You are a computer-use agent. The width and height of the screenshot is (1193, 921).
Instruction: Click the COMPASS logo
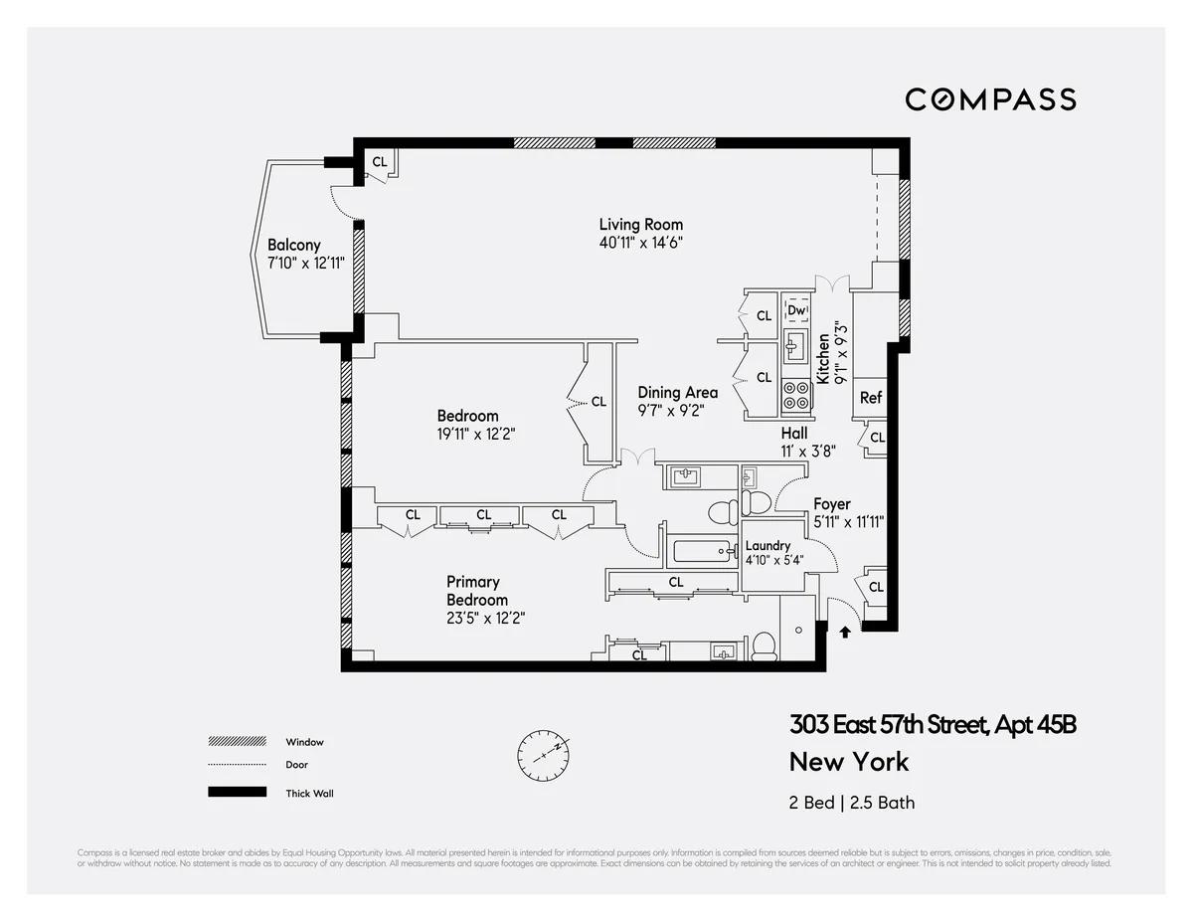point(990,99)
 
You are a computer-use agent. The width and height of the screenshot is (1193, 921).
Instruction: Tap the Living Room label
point(640,225)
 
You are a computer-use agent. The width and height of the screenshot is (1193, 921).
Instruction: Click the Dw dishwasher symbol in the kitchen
point(795,311)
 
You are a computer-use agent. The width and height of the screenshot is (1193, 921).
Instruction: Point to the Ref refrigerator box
point(870,398)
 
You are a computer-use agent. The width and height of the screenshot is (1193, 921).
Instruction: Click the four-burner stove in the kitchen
point(796,395)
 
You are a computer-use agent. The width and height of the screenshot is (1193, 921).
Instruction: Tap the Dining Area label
point(677,393)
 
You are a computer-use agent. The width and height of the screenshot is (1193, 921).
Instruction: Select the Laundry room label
point(767,545)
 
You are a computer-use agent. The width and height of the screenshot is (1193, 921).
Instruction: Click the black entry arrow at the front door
point(845,630)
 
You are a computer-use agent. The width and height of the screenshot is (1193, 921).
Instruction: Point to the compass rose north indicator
point(543,755)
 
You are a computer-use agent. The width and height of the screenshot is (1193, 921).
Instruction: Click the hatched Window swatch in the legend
point(237,742)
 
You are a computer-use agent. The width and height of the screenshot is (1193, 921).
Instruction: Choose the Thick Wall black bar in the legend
point(237,793)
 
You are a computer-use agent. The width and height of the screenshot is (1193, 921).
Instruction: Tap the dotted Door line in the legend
point(237,765)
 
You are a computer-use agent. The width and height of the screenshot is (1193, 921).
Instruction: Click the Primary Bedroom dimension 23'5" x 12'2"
point(485,618)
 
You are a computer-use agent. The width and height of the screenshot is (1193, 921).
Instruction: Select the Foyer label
point(832,504)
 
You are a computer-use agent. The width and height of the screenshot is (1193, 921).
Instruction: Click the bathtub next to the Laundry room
point(703,550)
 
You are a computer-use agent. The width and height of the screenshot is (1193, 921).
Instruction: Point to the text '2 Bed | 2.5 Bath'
point(852,803)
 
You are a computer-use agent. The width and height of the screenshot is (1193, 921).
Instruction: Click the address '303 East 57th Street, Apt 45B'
point(933,725)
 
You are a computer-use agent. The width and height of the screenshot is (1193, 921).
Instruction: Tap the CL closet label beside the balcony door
point(379,162)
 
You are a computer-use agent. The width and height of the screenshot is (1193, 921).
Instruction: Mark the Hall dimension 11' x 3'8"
point(807,450)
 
